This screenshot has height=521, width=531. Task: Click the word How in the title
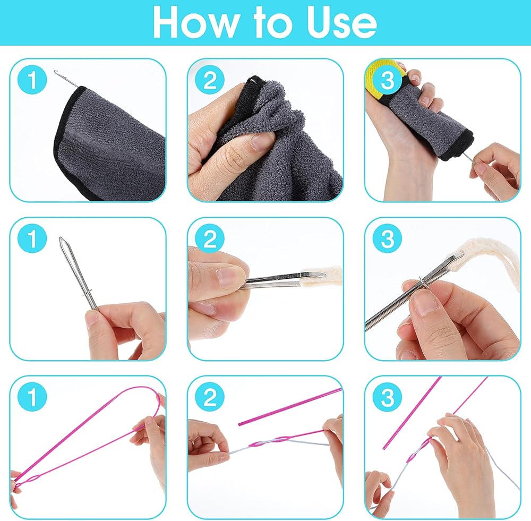pos(195,22)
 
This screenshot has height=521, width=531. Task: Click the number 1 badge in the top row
pos(32,80)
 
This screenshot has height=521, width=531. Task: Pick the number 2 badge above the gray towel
pos(210,80)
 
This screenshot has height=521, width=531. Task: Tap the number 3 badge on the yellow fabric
pos(388,80)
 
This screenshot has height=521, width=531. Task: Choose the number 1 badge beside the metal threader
pos(32,238)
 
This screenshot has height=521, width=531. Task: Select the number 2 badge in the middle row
pos(210,238)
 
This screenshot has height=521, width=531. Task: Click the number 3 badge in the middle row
pos(388,238)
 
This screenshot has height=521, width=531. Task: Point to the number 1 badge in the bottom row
pos(32,397)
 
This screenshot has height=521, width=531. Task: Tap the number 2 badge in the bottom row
pos(210,397)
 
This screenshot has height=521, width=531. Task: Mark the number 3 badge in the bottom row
pos(388,397)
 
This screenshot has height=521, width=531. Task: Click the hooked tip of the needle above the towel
pos(55,72)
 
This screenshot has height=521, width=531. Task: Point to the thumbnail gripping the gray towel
pos(261,142)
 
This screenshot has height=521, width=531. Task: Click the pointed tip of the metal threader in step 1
pos(61,238)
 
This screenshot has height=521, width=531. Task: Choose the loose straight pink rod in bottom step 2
pos(290,406)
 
